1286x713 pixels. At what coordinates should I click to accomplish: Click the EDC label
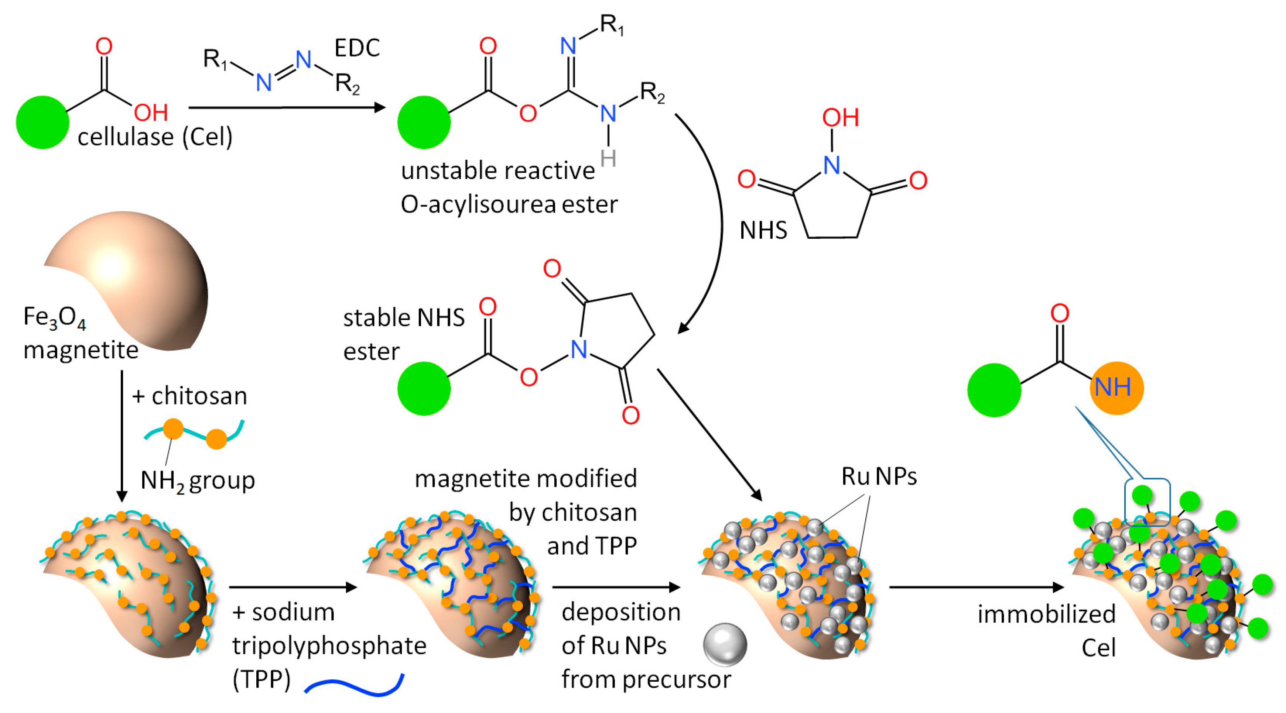357,48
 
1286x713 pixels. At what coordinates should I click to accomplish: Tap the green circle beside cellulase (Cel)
42,122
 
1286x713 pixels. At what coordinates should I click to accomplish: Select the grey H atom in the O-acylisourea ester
608,159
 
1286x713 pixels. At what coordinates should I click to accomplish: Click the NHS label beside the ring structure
763,231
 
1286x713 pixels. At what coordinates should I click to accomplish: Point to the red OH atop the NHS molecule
840,118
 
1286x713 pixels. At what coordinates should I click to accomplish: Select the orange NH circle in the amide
1116,387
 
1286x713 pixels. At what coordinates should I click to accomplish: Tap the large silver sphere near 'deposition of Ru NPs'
725,645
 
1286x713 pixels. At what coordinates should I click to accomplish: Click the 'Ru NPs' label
879,476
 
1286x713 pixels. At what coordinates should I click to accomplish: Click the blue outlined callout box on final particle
1147,502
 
